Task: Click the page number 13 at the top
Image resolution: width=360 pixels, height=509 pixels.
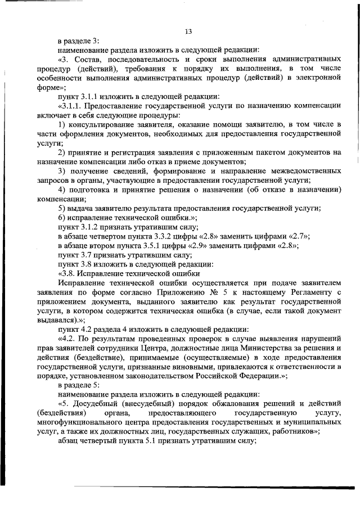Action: [x=188, y=31]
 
